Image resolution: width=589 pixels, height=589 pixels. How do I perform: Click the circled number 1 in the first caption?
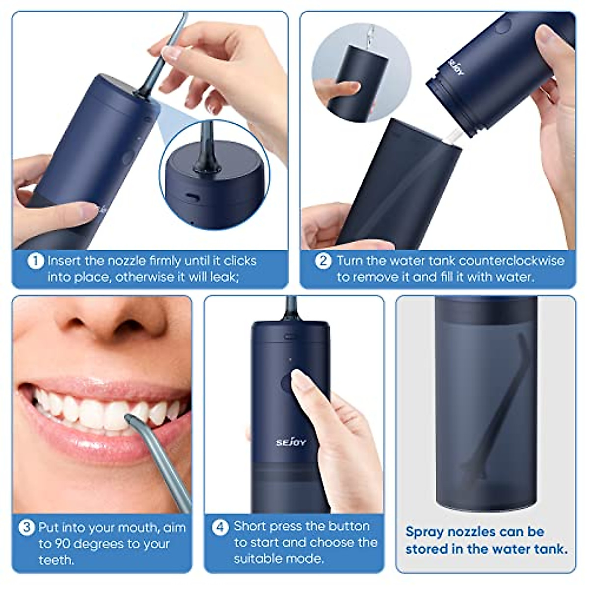coord(35,261)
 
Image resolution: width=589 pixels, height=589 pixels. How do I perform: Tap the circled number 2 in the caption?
coord(322,261)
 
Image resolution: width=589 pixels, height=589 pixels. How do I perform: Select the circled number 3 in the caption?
coord(27,528)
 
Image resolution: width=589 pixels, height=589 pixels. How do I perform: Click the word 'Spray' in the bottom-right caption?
coord(426,532)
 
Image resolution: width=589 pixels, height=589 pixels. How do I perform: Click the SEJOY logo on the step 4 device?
coord(291,442)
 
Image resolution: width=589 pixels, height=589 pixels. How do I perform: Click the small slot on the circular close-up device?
coord(191,196)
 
